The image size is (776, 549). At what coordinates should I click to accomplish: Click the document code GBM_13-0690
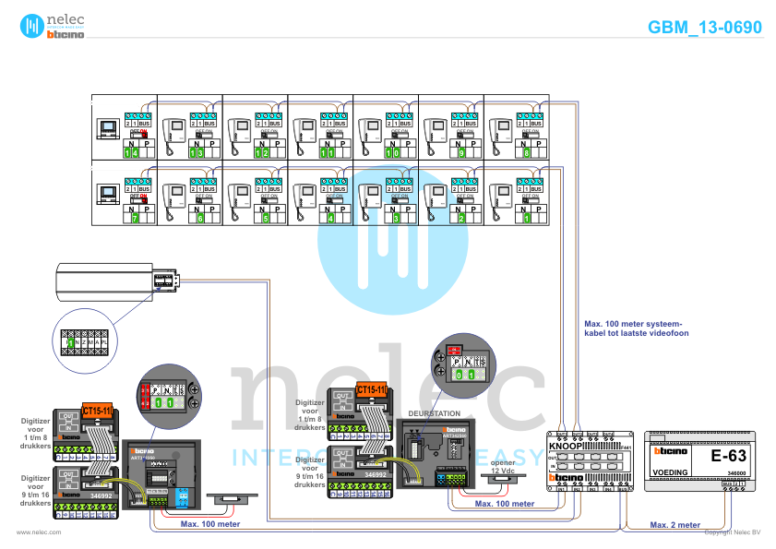tap(704, 28)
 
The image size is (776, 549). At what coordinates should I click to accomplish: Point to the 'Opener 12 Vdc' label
tap(502, 467)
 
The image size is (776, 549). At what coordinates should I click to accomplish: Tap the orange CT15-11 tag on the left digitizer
tap(97, 410)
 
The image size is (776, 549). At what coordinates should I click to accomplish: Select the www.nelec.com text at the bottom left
tap(39, 532)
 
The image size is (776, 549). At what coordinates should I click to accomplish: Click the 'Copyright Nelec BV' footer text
tap(733, 532)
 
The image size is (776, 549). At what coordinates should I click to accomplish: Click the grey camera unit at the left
tap(109, 281)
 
